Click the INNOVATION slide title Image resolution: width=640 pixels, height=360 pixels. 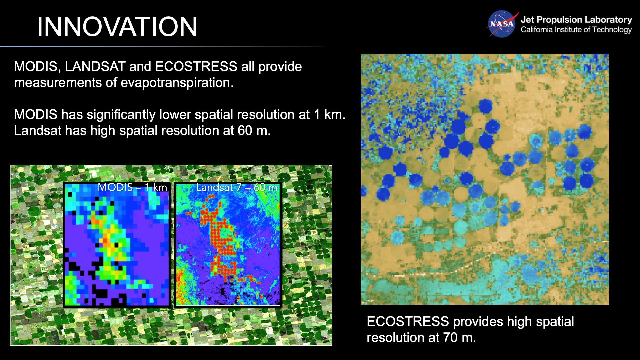(x=117, y=27)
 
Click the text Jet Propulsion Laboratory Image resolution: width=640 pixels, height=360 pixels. (x=576, y=20)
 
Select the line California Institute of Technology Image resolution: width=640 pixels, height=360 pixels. (x=576, y=30)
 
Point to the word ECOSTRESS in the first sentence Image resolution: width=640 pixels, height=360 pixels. (x=196, y=66)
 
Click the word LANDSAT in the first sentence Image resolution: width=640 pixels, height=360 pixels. (x=95, y=66)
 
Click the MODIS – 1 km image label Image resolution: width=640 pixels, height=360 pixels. (x=132, y=187)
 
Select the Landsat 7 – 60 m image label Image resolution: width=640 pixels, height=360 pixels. (x=236, y=187)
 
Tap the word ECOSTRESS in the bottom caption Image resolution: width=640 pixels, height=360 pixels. (x=407, y=322)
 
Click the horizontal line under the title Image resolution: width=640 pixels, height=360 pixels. (x=162, y=46)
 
